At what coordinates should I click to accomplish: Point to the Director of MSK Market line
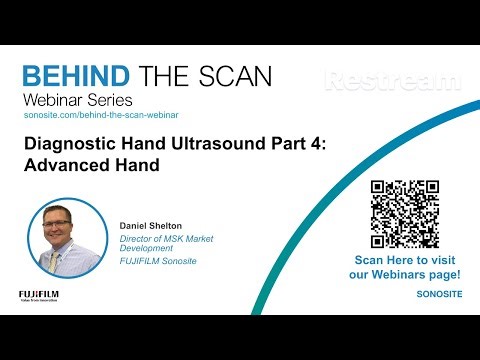click(x=165, y=239)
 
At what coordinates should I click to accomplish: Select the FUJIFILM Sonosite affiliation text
click(x=159, y=262)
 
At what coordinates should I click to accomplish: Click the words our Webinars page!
click(x=405, y=274)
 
